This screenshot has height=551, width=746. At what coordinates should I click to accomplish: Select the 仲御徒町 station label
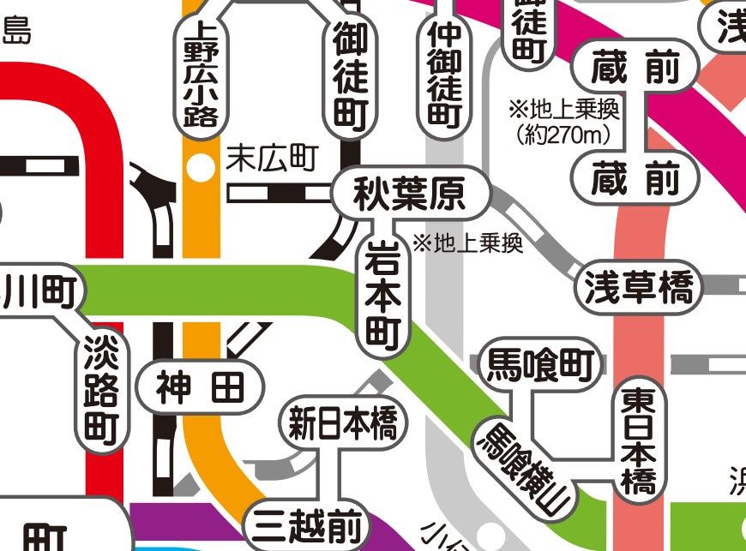(444, 73)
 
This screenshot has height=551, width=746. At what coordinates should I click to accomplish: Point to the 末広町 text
(272, 158)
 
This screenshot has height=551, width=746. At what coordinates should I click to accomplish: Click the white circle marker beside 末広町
(201, 169)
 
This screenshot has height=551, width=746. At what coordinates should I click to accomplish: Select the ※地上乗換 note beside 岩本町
(467, 243)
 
